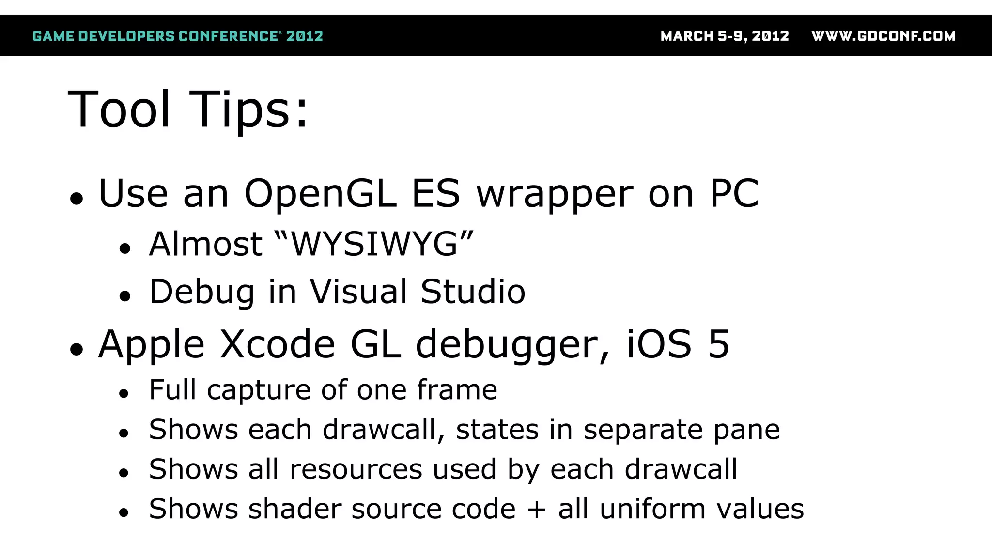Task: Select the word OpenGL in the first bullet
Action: click(320, 194)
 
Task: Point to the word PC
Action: click(734, 194)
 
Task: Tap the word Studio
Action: click(473, 292)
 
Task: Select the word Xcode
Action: click(278, 344)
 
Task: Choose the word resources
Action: click(356, 470)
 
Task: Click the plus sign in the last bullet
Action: click(537, 510)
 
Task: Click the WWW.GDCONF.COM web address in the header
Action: click(883, 36)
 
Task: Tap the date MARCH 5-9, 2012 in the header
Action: click(725, 36)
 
